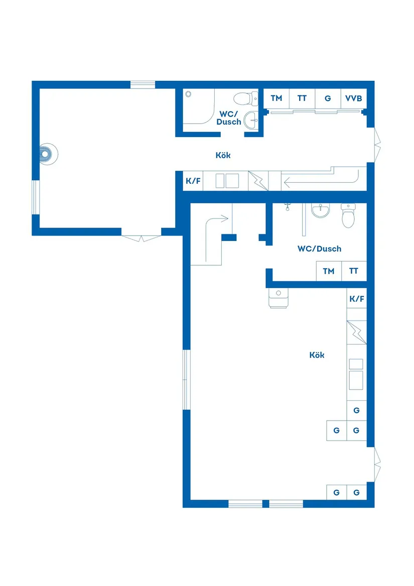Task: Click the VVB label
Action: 353,98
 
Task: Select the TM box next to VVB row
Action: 277,98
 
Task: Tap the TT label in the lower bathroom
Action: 354,271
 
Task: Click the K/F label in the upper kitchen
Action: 193,181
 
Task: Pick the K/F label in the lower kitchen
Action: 356,299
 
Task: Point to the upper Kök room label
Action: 223,156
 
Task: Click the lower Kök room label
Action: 317,355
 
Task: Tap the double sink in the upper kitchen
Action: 227,181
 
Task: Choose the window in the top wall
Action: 143,84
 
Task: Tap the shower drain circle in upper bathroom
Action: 189,94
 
